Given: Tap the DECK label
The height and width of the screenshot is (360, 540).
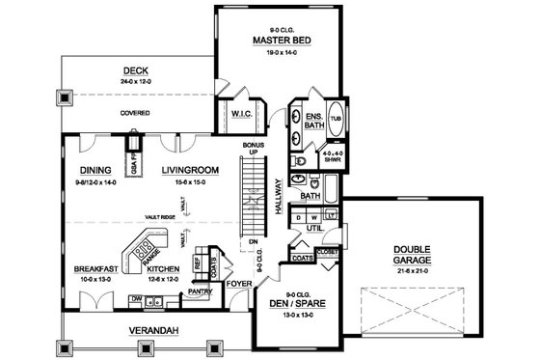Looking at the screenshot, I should click(x=134, y=69).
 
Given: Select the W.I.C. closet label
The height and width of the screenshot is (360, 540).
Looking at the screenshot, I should click(x=241, y=115).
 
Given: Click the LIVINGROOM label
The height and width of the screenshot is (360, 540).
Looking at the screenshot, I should click(x=187, y=170).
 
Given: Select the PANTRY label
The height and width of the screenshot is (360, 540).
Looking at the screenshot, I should click(x=201, y=290).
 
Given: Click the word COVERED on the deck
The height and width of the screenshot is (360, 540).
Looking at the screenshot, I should click(x=134, y=112).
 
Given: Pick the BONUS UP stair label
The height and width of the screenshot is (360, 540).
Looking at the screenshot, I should click(x=255, y=148).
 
